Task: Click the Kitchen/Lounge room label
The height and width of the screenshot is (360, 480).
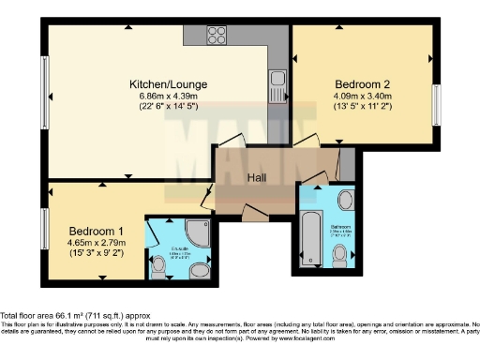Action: tap(168, 84)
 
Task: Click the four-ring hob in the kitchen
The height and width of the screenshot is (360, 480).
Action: tap(217, 36)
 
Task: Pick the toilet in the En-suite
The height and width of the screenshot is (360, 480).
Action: tap(157, 267)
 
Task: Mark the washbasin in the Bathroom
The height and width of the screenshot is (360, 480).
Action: tap(344, 200)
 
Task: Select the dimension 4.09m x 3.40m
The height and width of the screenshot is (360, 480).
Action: tap(364, 94)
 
